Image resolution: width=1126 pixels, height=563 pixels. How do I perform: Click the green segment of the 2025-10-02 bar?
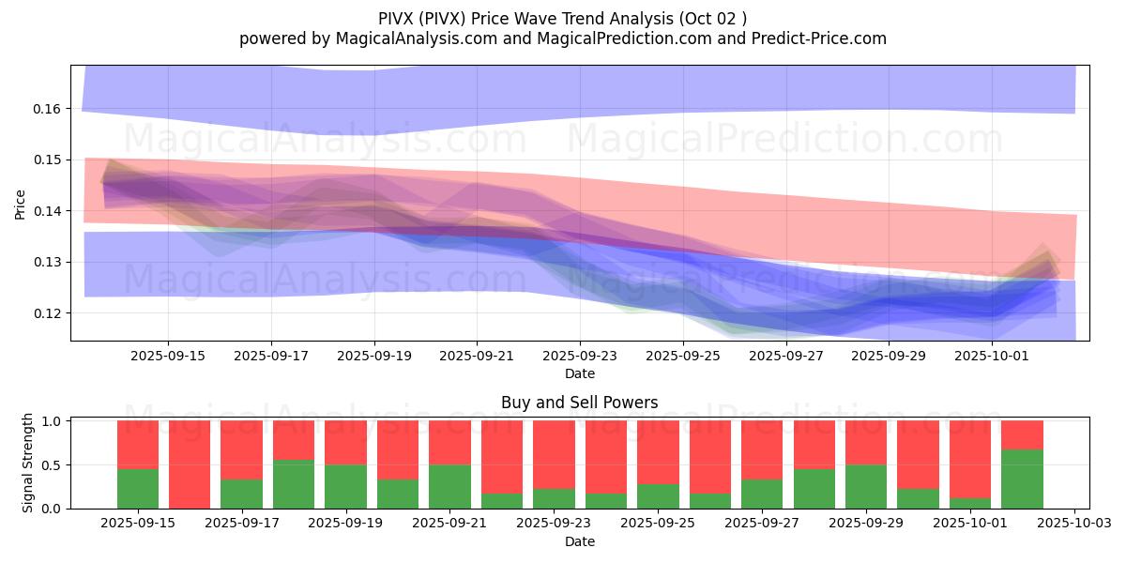1022,479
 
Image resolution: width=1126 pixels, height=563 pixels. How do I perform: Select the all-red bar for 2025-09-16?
190,464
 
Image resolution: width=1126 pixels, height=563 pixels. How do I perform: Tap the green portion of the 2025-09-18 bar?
294,484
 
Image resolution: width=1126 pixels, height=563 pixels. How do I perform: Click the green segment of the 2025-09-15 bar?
138,488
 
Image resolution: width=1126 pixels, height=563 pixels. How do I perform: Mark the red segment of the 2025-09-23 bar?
554,454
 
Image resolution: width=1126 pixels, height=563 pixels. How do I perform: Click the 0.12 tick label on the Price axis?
47,313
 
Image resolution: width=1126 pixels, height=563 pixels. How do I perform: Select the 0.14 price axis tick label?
47,211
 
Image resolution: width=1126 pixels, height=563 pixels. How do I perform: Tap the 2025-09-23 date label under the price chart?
580,357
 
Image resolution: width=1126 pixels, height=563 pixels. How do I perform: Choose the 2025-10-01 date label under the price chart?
992,357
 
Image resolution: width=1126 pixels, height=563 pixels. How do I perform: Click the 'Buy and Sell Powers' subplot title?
579,403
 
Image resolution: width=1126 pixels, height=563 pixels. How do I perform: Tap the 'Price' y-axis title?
21,204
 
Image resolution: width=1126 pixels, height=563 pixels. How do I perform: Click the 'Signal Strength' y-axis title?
28,463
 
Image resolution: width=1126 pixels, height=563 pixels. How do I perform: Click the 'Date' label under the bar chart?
579,541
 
